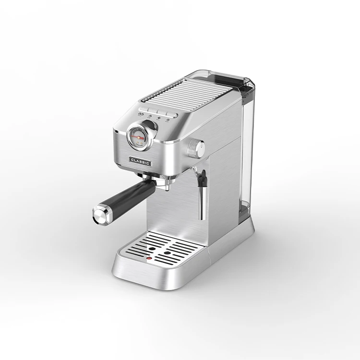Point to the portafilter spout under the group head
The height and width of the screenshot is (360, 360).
pos(167,189)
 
